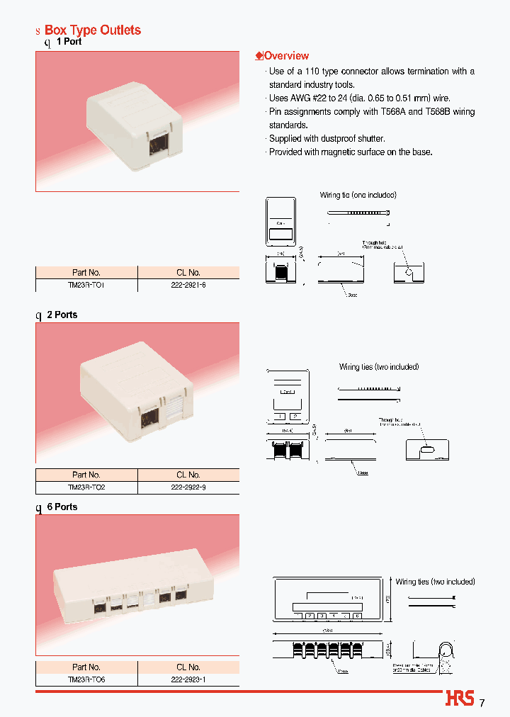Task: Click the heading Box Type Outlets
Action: [92, 30]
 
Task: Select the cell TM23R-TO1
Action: [86, 284]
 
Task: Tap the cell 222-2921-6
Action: [188, 284]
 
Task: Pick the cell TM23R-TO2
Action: [86, 487]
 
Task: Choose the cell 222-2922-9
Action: [188, 487]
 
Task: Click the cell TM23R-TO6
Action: [86, 679]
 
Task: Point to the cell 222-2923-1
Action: [188, 679]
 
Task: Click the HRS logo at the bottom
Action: [460, 699]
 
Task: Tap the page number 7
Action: [482, 703]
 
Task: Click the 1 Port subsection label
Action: [69, 42]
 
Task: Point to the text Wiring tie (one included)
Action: [358, 195]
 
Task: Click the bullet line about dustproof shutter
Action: [327, 139]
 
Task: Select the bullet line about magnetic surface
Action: [350, 152]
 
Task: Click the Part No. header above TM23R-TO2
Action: [86, 475]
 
